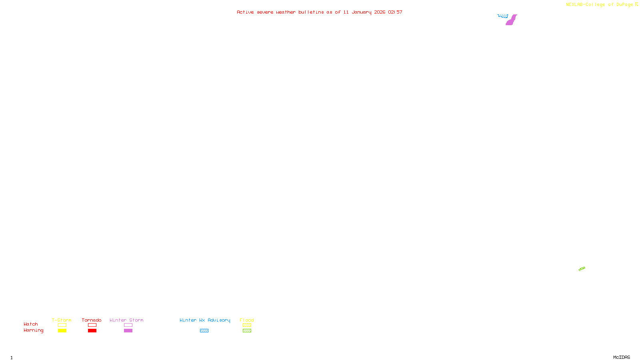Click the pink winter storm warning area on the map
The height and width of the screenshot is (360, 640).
pyautogui.click(x=511, y=20)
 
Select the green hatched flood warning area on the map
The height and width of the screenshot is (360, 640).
pyautogui.click(x=582, y=269)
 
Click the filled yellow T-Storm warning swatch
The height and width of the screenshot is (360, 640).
pyautogui.click(x=62, y=331)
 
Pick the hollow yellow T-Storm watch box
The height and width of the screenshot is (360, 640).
pyautogui.click(x=62, y=325)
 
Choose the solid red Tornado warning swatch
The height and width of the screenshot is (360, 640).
pyautogui.click(x=92, y=331)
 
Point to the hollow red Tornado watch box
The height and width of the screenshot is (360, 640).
pyautogui.click(x=92, y=325)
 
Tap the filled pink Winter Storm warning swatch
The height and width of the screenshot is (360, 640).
pyautogui.click(x=128, y=331)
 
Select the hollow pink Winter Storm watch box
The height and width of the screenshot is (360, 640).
pyautogui.click(x=128, y=325)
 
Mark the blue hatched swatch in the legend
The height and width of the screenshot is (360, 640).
pyautogui.click(x=204, y=331)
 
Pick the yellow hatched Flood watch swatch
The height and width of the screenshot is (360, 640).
pyautogui.click(x=247, y=325)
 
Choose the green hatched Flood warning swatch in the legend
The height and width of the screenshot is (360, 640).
pyautogui.click(x=247, y=331)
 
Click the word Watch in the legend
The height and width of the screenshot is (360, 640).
pyautogui.click(x=31, y=324)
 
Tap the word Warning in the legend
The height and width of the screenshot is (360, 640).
pyautogui.click(x=33, y=330)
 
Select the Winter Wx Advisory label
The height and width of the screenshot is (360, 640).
pyautogui.click(x=205, y=320)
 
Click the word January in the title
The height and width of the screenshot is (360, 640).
pyautogui.click(x=361, y=12)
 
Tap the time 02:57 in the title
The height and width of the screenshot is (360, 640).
pyautogui.click(x=395, y=12)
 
